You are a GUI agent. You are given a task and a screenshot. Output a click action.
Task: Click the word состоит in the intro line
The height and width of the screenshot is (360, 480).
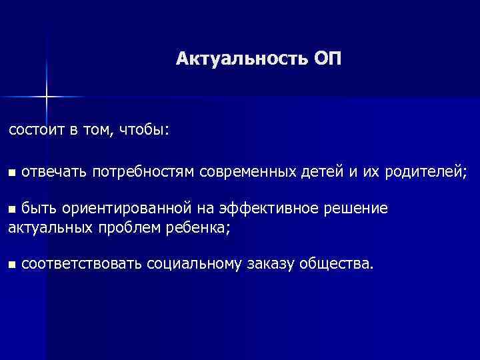point(35,130)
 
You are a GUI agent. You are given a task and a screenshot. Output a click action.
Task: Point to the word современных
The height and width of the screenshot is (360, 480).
point(247,173)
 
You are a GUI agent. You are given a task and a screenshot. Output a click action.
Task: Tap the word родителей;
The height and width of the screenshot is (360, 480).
point(422,173)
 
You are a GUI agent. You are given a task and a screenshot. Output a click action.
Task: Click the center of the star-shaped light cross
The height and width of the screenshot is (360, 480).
point(47,97)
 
